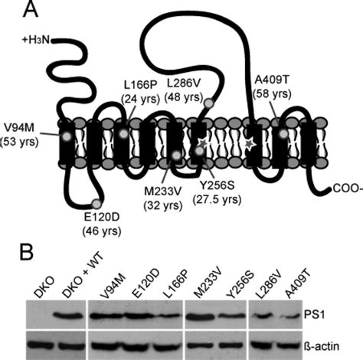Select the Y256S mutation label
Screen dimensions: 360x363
218,188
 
